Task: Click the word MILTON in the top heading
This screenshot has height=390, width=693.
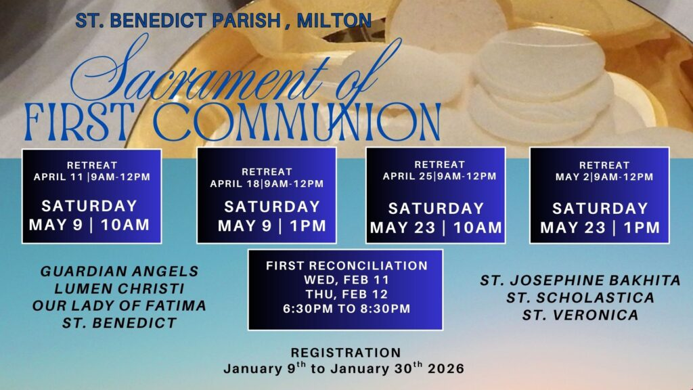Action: coord(334,20)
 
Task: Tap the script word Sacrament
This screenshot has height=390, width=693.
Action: coord(199,70)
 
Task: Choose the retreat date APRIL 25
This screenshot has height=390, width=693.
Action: coord(408,176)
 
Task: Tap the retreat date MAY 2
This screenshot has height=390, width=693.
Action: coord(573,177)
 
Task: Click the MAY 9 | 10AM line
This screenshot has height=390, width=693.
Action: coord(89,225)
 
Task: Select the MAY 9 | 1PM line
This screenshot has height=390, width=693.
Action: coord(272,226)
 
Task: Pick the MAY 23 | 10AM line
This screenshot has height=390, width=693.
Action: coord(437,227)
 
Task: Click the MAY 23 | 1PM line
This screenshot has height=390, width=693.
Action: coord(600,227)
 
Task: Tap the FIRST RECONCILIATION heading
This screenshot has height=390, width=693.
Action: coord(347,265)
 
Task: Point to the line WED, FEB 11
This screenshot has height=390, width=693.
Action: coord(346,280)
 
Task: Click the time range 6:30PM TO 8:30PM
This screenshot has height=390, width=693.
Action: coord(347,309)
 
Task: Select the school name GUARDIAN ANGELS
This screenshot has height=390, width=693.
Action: coord(119,271)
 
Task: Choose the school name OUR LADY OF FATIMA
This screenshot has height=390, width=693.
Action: coord(119,305)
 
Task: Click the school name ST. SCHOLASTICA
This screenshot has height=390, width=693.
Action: coord(580,298)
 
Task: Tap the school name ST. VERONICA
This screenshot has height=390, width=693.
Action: coord(580,315)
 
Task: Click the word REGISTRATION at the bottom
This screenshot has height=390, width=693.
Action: coord(346,352)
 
